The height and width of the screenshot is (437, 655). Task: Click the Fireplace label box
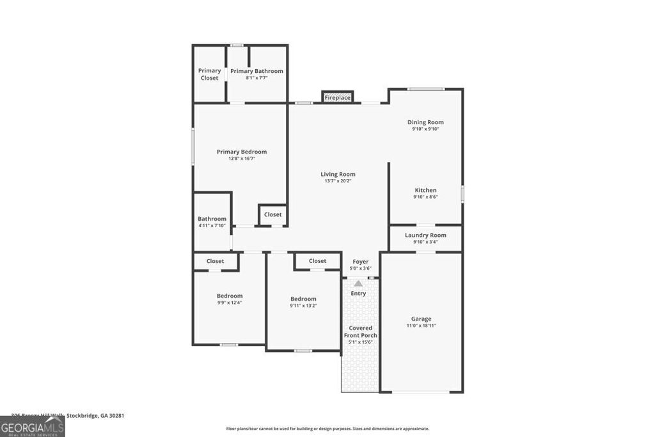[337, 97]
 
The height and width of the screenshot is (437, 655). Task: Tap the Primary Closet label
[209, 74]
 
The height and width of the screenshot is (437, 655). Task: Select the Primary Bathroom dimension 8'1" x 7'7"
[256, 78]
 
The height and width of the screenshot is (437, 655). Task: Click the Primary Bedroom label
[241, 152]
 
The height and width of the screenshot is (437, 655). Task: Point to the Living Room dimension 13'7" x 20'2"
[338, 181]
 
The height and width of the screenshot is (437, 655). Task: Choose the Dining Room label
[425, 122]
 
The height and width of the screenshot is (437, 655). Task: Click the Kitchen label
[425, 190]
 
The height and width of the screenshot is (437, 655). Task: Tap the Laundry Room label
[425, 235]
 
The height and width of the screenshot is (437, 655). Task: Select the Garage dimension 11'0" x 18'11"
[421, 326]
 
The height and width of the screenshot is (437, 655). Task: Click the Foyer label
[361, 261]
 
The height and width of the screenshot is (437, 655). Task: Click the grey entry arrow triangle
[358, 283]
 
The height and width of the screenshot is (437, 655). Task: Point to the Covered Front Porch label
[361, 331]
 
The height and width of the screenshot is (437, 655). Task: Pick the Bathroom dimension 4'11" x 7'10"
[212, 225]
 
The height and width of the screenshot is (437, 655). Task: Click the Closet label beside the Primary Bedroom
[273, 214]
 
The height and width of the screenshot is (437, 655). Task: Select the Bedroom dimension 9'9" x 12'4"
[229, 303]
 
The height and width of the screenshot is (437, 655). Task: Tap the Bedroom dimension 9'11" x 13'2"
[303, 306]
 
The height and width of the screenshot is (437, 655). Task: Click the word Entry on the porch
[358, 294]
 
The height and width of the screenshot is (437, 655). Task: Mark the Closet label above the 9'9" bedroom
[215, 261]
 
